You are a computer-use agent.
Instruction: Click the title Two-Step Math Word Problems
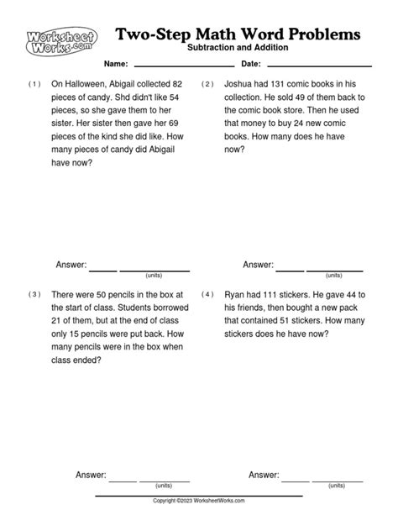tap(239, 34)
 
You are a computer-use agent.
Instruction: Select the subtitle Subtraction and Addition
tap(239, 49)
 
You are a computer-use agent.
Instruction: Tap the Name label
tap(116, 65)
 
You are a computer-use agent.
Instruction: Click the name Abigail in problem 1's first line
tap(139, 84)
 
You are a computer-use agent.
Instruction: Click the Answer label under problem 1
tap(71, 265)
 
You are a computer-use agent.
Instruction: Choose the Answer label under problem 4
tap(264, 475)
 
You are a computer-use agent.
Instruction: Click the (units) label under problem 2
tap(334, 275)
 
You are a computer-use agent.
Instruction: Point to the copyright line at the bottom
tap(199, 501)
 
